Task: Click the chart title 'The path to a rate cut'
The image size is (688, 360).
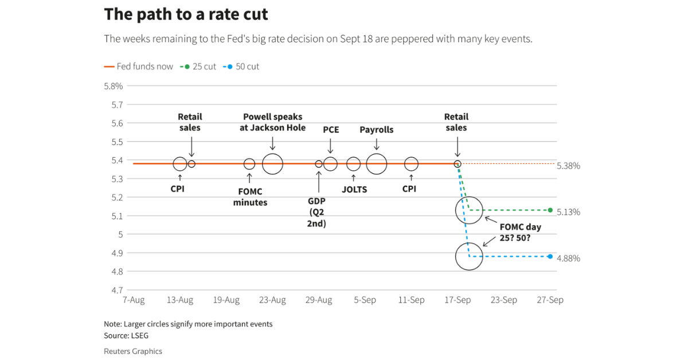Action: (186, 15)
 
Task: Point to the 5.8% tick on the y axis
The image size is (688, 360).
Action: (113, 86)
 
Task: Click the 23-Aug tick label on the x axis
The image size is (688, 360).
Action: (272, 300)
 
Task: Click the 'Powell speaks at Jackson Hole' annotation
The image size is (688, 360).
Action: (272, 122)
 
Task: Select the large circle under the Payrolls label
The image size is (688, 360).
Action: (377, 164)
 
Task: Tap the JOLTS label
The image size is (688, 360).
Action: (354, 189)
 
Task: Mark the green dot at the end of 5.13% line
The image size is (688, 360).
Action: (550, 210)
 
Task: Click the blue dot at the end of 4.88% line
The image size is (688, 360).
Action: (550, 257)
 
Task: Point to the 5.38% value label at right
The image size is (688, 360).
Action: (568, 166)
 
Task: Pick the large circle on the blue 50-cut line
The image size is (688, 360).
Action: (470, 256)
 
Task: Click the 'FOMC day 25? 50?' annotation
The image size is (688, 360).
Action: (520, 232)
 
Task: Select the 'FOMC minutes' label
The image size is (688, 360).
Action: (250, 197)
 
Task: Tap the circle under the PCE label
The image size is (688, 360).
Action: (330, 164)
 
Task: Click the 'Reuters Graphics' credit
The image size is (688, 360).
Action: (133, 351)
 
